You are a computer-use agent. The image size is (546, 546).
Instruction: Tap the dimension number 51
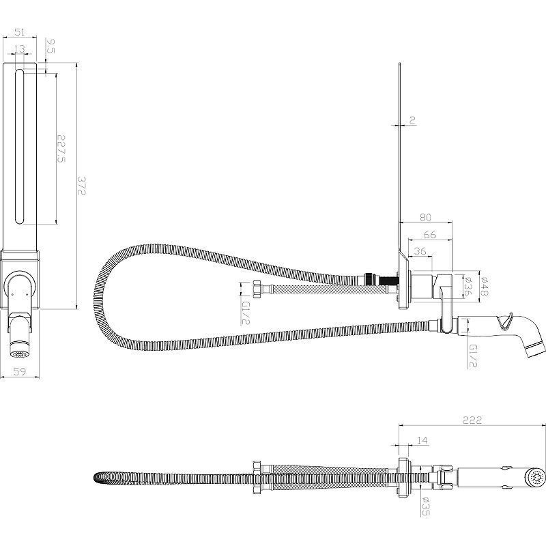[x=20, y=31]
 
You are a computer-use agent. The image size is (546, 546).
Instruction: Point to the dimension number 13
[x=19, y=48]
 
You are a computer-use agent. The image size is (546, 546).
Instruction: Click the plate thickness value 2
[x=412, y=121]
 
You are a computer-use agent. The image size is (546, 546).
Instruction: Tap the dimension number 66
[x=429, y=234]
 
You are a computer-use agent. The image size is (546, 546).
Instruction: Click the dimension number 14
[x=422, y=442]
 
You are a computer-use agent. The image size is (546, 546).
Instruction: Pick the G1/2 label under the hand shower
[x=473, y=355]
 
